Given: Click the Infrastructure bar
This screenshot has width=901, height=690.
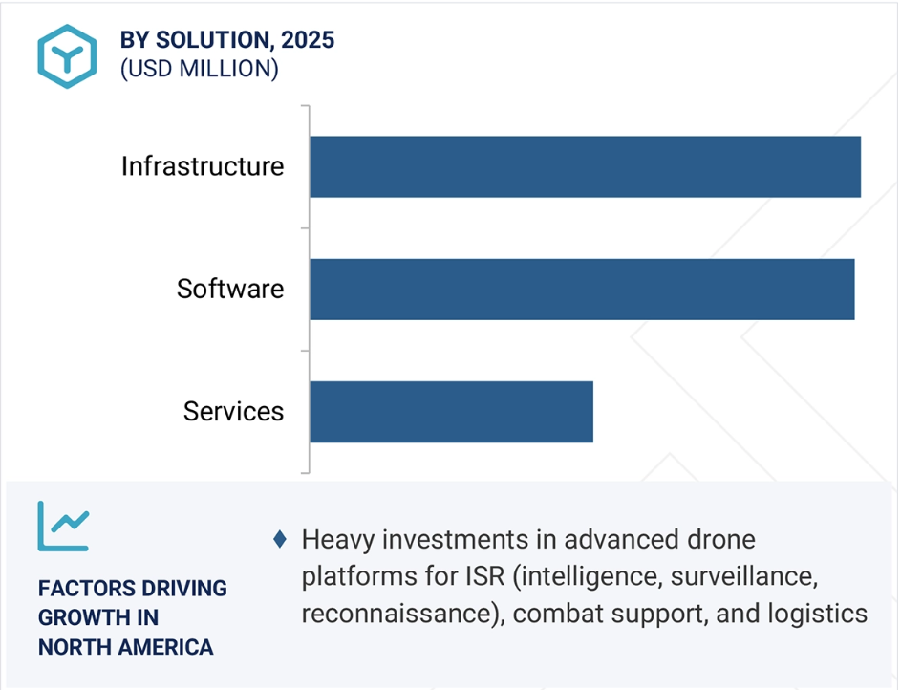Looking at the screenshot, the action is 585,166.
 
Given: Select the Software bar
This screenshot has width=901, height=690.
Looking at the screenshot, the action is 582,289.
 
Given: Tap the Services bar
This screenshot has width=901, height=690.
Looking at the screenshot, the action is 451,412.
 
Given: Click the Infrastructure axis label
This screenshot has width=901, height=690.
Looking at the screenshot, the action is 203,166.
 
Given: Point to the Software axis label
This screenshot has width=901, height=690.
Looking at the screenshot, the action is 230,289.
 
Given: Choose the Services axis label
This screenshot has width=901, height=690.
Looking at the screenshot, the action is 233,411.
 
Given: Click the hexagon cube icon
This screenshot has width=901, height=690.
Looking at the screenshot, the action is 67,56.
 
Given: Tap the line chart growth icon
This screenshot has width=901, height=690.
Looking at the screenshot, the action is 63,527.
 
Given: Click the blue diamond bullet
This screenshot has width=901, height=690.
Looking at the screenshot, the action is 280,539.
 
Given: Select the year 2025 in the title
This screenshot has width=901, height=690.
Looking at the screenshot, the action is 308,40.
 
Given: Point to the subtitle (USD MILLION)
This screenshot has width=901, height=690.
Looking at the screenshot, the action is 200,69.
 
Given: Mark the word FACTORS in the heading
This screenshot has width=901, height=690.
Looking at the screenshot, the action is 78,589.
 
